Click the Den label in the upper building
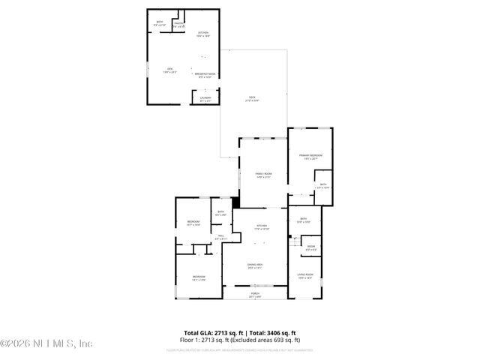(170, 70)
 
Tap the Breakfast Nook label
(205, 74)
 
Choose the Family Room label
(263, 175)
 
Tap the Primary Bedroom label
(310, 157)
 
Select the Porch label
(255, 294)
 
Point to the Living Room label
(305, 276)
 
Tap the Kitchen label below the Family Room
(262, 226)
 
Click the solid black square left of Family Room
(235, 201)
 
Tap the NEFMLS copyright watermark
(46, 343)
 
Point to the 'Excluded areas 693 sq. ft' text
(263, 340)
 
